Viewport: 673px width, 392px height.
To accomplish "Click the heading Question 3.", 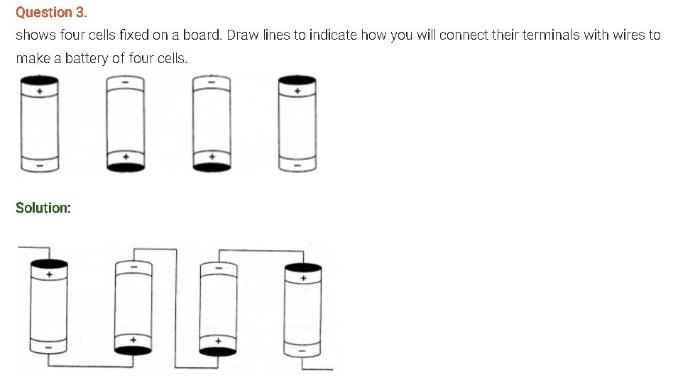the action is [x=51, y=13].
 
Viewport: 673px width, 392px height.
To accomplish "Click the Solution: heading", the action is [x=43, y=208].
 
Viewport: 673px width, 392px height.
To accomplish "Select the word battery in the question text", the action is [x=87, y=58].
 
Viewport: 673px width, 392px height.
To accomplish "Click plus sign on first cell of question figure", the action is [x=40, y=91].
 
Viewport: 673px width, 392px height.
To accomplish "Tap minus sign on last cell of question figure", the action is [x=297, y=166].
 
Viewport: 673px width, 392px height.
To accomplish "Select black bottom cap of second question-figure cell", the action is [x=126, y=167].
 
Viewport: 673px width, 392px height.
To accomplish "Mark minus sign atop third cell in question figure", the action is [x=212, y=82].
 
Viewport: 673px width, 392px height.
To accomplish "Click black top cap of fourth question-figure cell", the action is [x=297, y=79].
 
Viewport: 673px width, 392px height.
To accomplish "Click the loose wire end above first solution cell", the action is [x=19, y=247].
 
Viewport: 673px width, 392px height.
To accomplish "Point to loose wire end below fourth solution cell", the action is [x=332, y=369].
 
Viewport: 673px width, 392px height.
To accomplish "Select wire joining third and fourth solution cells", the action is [x=261, y=251].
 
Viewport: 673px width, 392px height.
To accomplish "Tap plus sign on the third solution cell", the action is [x=218, y=342].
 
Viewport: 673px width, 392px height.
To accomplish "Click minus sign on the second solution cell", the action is [x=134, y=267].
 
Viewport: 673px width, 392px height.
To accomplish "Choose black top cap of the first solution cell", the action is [x=49, y=264].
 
